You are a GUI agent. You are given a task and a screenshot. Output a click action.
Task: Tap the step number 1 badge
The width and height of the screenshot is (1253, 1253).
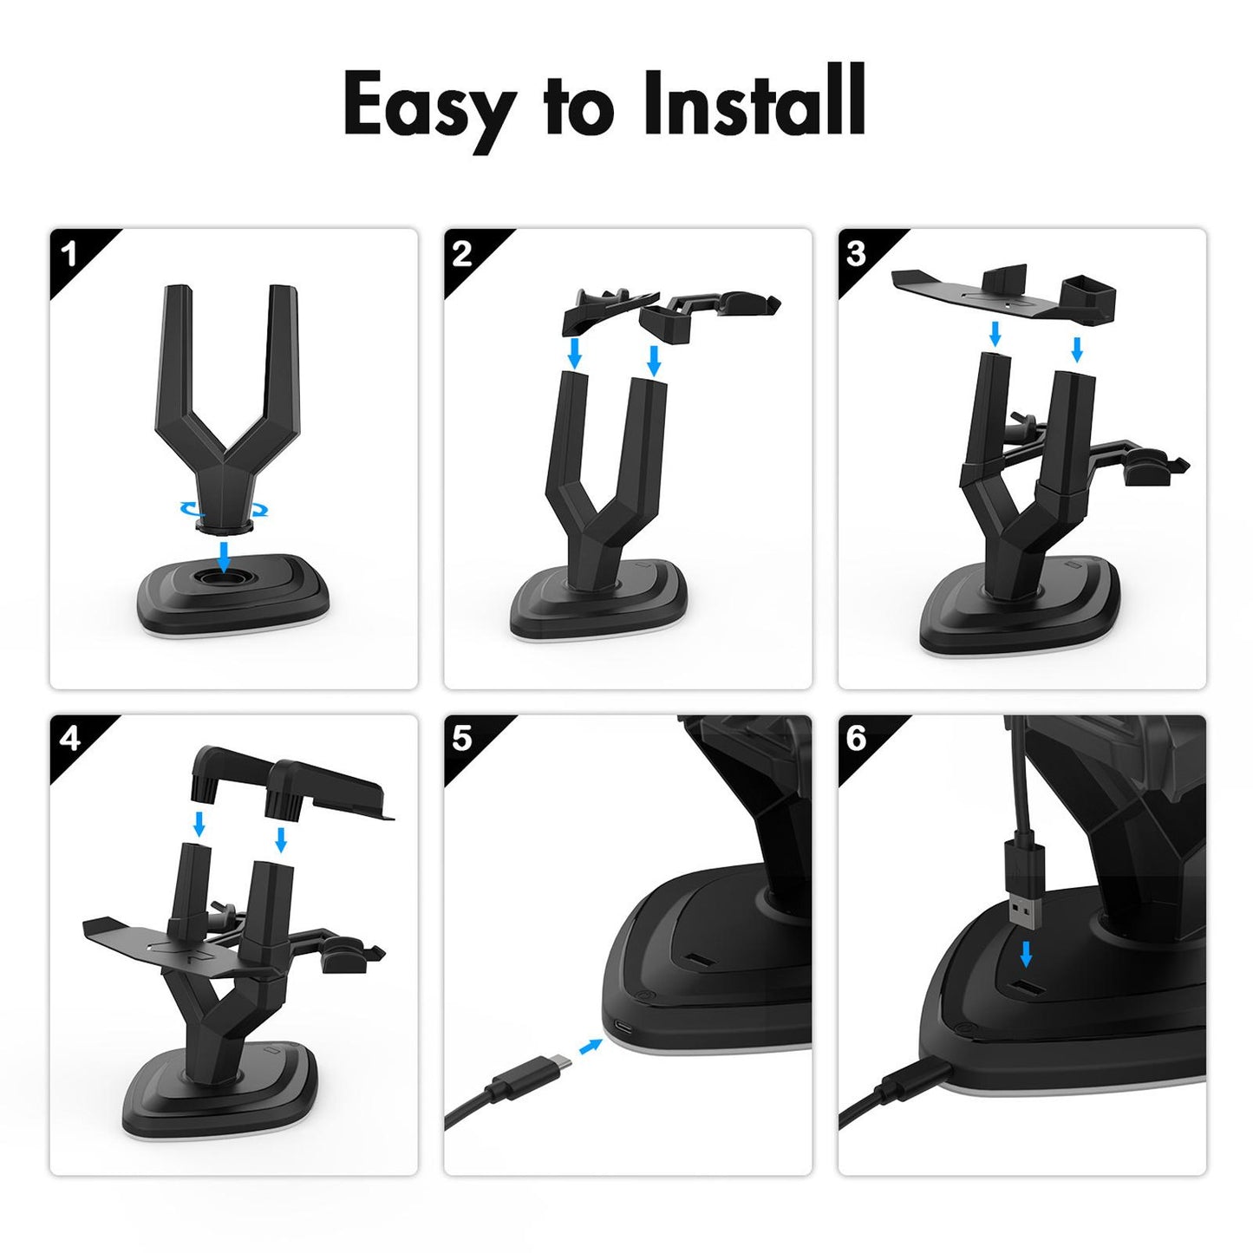pyautogui.click(x=70, y=255)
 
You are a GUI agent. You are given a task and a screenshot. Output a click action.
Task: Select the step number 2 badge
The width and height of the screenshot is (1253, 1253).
pyautogui.click(x=462, y=254)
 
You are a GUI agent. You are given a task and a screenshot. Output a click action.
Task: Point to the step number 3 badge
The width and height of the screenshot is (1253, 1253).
pyautogui.click(x=856, y=254)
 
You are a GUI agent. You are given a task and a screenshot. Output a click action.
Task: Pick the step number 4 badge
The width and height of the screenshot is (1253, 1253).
pyautogui.click(x=70, y=739)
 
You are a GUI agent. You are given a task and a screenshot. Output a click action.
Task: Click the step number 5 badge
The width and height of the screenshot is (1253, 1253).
pyautogui.click(x=462, y=739)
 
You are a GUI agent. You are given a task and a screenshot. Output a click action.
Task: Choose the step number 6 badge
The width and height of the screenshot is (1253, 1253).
pyautogui.click(x=856, y=739)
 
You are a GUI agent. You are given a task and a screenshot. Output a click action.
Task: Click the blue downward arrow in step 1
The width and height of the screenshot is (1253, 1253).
pyautogui.click(x=225, y=556)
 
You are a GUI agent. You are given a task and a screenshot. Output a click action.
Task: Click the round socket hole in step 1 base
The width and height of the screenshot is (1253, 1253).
pyautogui.click(x=225, y=578)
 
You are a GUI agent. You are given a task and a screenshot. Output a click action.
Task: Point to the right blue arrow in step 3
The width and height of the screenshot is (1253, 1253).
pyautogui.click(x=1077, y=349)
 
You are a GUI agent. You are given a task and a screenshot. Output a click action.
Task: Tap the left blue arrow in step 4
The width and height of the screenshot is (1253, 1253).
pyautogui.click(x=199, y=823)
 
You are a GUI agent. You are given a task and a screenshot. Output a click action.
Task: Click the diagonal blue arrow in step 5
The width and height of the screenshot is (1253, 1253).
pyautogui.click(x=591, y=1047)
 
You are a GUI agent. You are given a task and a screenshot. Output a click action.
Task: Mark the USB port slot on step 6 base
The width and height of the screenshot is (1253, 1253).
pyautogui.click(x=1026, y=990)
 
